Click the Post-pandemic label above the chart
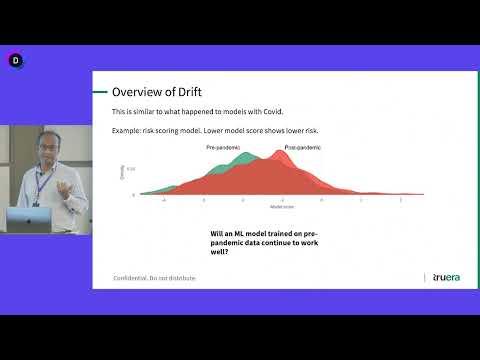point(304,148)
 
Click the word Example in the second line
point(128,132)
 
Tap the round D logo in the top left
point(16,61)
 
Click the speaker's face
point(45,147)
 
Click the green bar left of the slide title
point(99,92)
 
